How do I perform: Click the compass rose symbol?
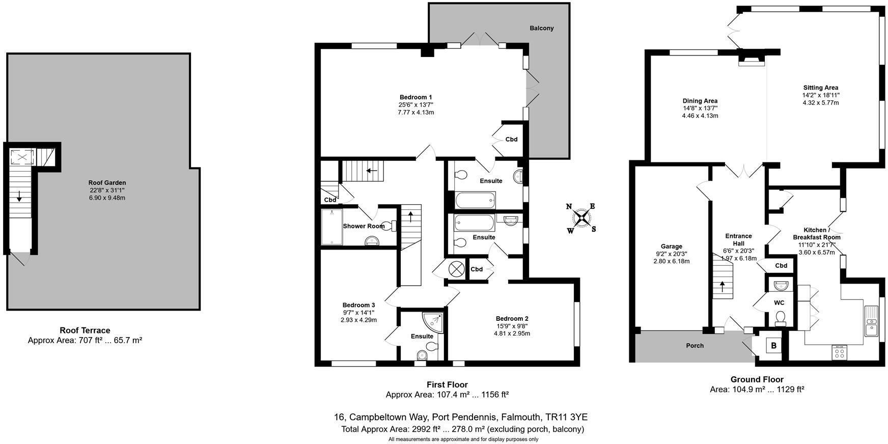581,218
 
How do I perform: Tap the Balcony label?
541,28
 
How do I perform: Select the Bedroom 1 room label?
415,97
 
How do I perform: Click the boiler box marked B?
773,346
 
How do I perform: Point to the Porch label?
695,345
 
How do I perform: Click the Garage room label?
671,246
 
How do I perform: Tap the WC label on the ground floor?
779,302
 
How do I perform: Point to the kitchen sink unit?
872,320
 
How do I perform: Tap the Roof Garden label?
107,183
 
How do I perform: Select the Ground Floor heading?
757,379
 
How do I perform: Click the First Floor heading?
447,384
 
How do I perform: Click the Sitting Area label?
820,88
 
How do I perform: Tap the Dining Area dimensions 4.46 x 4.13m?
700,116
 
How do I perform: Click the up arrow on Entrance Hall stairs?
721,286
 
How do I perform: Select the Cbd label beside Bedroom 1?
511,139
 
